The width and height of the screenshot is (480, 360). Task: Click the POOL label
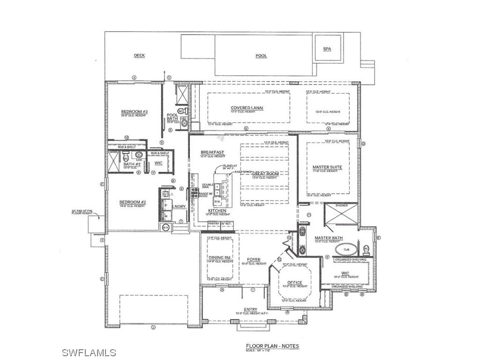click(261, 56)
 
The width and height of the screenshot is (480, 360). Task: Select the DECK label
click(139, 55)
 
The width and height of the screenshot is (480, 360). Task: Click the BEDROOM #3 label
click(135, 112)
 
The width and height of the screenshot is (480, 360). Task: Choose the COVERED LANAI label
click(247, 108)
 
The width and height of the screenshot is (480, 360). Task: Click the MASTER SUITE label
click(327, 167)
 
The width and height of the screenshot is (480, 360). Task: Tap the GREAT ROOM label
click(265, 174)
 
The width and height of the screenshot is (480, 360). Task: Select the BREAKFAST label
click(212, 152)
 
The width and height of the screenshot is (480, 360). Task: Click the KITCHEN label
click(217, 211)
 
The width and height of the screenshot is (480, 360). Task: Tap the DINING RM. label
click(220, 258)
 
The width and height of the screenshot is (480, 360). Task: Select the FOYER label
click(254, 260)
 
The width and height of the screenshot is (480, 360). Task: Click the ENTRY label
click(251, 309)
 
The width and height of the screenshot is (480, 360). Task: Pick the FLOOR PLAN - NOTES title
click(272, 346)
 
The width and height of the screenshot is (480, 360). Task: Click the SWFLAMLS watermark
click(89, 352)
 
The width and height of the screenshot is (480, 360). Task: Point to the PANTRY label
click(214, 224)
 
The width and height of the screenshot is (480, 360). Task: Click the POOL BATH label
click(172, 117)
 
